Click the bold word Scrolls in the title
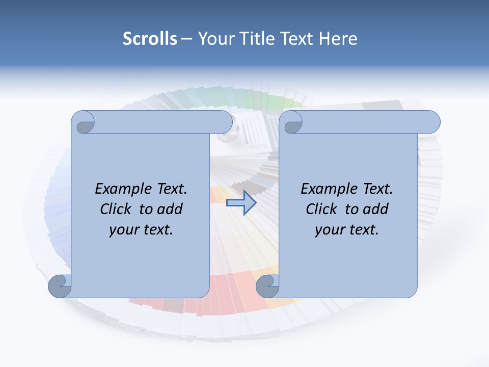pyautogui.click(x=150, y=39)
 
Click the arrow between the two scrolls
pyautogui.click(x=241, y=203)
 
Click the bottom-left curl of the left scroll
pyautogui.click(x=60, y=285)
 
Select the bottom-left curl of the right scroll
pyautogui.click(x=267, y=286)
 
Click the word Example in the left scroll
pyautogui.click(x=118, y=189)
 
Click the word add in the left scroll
pyautogui.click(x=170, y=209)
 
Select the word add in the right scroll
pyautogui.click(x=375, y=209)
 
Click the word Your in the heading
pyautogui.click(x=215, y=39)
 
